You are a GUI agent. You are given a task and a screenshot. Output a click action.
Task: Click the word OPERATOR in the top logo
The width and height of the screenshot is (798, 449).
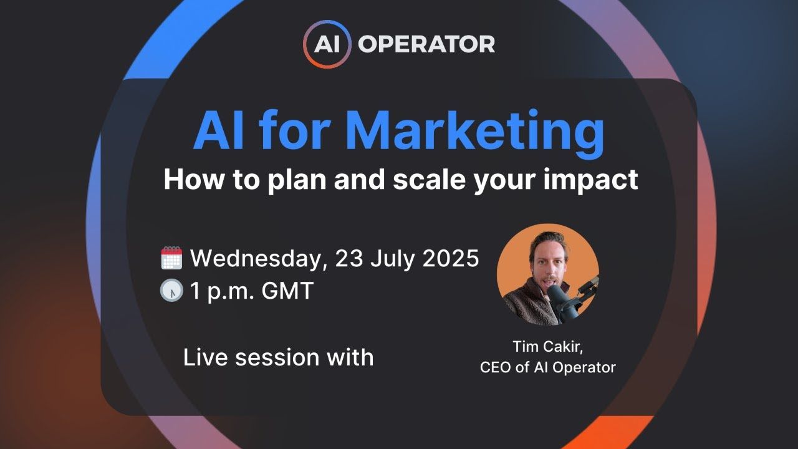pyautogui.click(x=426, y=44)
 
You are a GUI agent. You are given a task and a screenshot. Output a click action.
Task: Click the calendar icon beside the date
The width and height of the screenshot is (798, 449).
pyautogui.click(x=171, y=258)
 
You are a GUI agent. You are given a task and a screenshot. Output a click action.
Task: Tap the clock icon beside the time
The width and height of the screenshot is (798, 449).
pyautogui.click(x=171, y=291)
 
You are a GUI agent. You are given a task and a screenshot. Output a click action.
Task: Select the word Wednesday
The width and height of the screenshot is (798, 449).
pyautogui.click(x=259, y=258)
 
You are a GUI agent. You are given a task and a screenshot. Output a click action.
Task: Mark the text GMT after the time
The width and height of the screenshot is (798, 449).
pyautogui.click(x=288, y=291)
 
